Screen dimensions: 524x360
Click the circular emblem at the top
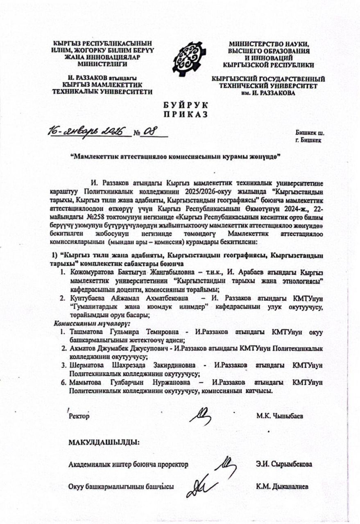click(x=187, y=59)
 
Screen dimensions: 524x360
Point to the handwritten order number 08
click(x=149, y=132)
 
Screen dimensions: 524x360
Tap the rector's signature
click(x=201, y=416)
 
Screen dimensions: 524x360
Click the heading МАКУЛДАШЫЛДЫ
click(x=104, y=442)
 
